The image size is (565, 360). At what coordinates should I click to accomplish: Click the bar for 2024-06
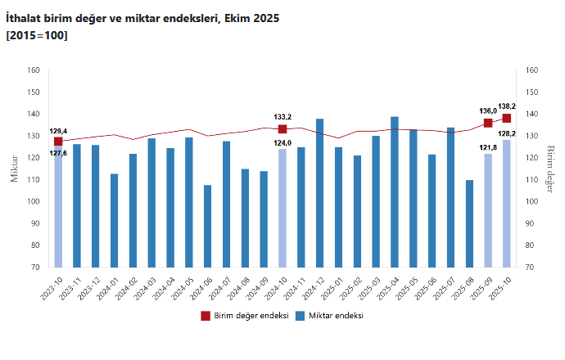coord(208,227)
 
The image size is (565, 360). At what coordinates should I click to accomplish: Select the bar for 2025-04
coord(395,192)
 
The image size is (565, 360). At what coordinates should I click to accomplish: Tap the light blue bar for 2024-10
coord(282,209)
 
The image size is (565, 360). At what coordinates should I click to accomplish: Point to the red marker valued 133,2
coord(282,128)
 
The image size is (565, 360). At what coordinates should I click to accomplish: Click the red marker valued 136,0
coord(488,123)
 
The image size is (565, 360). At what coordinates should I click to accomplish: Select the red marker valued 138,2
coord(507,118)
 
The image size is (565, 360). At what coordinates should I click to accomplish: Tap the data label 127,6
coord(58,153)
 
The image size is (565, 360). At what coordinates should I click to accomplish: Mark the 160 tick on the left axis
coord(34,70)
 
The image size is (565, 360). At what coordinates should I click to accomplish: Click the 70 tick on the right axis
coord(532,268)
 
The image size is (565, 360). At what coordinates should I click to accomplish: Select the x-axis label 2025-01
coord(332,288)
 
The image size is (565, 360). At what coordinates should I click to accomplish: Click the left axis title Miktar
coord(14,168)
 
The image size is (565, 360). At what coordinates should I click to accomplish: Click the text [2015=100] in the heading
coord(37,35)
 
